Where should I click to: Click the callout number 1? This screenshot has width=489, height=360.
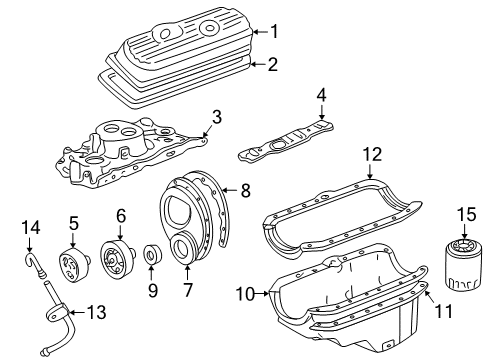pos(274,31)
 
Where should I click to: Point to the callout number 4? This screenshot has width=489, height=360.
pos(321,96)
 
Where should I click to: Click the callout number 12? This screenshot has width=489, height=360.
pos(371,154)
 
